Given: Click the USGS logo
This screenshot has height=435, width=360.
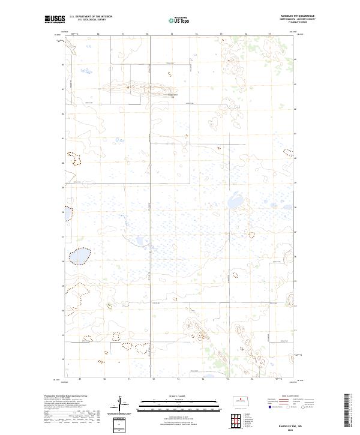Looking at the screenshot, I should coord(55,19).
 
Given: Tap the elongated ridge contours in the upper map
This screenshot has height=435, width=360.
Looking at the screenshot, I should coord(132,88).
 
